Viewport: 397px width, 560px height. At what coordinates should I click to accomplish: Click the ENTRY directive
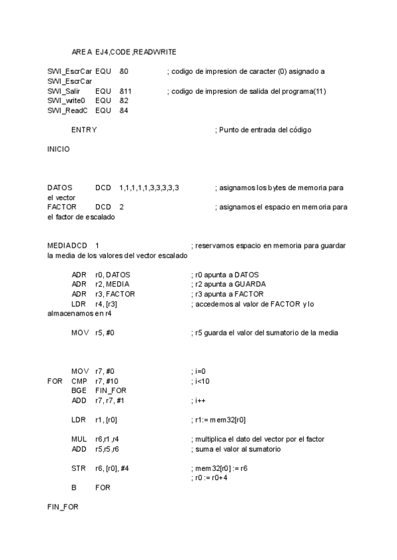point(83,130)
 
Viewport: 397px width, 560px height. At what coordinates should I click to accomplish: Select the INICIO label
point(58,149)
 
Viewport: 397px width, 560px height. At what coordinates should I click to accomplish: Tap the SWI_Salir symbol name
point(64,90)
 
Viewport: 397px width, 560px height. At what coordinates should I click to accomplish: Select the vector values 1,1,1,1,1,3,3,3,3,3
point(149,188)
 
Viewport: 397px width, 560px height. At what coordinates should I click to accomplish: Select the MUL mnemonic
point(79,439)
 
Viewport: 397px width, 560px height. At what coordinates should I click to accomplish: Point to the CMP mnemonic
point(79,381)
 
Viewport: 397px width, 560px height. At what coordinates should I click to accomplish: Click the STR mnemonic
point(79,468)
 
